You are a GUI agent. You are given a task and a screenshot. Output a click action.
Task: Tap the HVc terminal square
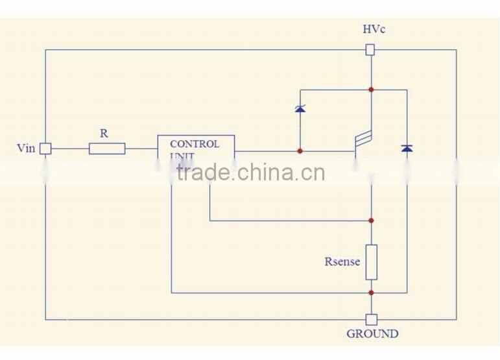(x=371, y=49)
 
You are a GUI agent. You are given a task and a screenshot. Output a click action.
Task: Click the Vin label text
(x=25, y=148)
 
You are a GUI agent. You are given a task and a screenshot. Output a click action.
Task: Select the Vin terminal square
(x=45, y=149)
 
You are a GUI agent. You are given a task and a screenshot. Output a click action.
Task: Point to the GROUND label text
(x=372, y=334)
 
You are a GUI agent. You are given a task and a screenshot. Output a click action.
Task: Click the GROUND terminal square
(x=371, y=319)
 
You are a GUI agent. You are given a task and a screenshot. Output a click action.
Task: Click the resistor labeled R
(x=107, y=149)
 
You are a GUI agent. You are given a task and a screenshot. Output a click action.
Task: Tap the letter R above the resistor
(x=104, y=133)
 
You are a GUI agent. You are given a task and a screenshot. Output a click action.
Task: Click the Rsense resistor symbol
(x=371, y=261)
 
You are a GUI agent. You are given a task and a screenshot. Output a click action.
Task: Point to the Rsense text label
(x=342, y=262)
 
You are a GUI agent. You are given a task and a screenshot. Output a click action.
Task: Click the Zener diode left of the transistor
(x=300, y=109)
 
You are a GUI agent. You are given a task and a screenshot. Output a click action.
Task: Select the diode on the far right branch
(x=407, y=149)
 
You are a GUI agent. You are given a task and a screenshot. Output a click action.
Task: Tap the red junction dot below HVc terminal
(x=371, y=89)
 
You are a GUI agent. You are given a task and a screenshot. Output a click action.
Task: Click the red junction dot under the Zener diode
(x=300, y=151)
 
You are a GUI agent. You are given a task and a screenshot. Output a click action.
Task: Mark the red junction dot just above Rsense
(x=371, y=221)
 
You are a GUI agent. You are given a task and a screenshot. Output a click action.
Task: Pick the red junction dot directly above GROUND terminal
(x=371, y=293)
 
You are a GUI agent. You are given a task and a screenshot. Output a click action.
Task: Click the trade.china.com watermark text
(x=250, y=173)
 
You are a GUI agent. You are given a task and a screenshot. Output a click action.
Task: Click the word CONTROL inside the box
(x=195, y=144)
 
